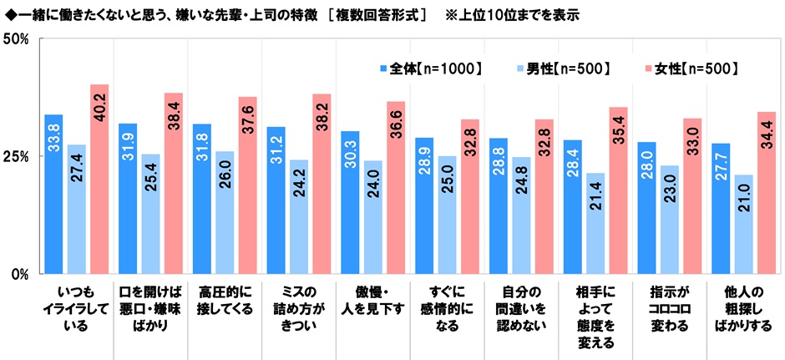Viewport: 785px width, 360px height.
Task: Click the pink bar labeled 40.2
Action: [99, 179]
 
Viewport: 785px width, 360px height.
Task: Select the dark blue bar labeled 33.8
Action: [53, 194]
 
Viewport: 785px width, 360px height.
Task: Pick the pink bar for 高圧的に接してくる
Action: [248, 185]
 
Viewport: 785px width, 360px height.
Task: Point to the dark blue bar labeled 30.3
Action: [350, 202]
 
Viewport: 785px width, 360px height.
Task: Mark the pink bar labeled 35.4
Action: [618, 190]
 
